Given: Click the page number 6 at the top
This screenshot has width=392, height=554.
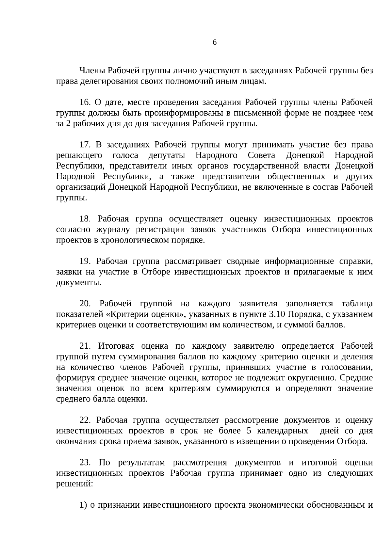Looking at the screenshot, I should (x=215, y=43).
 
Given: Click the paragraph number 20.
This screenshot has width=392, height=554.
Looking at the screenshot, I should (x=85, y=304).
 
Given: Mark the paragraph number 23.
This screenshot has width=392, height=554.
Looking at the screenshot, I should (x=85, y=463).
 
